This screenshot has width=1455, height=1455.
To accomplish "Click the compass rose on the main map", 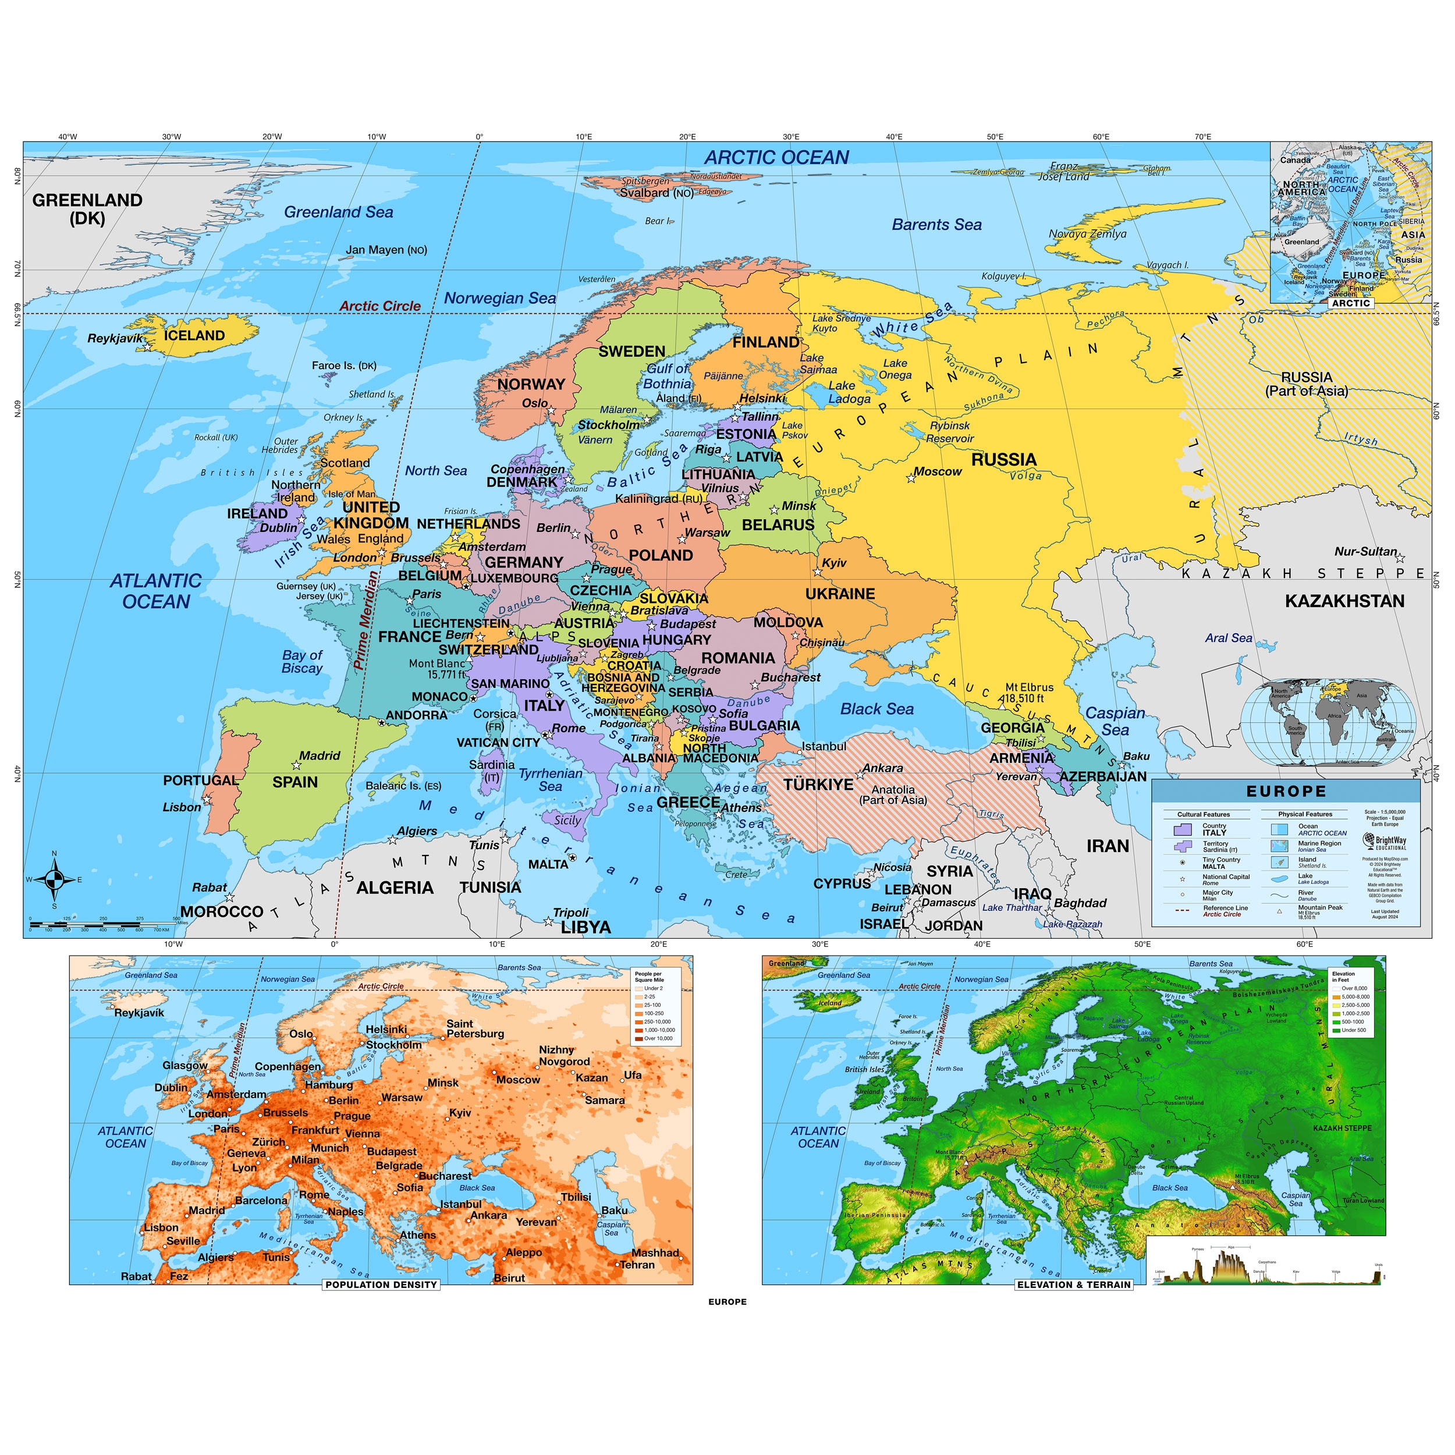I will tap(54, 879).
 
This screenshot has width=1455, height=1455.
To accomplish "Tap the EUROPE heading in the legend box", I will tap(1286, 792).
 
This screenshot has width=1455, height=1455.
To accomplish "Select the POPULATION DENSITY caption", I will tap(381, 1285).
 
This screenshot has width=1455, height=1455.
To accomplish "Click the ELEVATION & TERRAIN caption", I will tap(1074, 1285).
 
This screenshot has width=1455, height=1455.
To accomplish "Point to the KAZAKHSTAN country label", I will tap(1344, 601).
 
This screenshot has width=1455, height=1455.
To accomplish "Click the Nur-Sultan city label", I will tap(1365, 551).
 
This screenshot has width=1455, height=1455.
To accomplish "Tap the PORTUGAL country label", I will tap(200, 780).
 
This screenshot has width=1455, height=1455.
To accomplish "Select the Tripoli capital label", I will tap(571, 913).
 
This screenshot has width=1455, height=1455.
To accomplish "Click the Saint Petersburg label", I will tap(475, 1029).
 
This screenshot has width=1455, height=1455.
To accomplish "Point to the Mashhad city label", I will tap(655, 1253).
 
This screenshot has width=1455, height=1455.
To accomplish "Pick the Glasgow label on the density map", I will tap(184, 1066).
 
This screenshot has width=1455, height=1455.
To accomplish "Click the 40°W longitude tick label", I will tap(67, 136).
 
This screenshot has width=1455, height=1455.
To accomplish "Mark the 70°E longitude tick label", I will tap(1203, 136).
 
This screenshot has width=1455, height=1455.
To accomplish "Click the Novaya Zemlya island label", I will tap(1088, 233).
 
